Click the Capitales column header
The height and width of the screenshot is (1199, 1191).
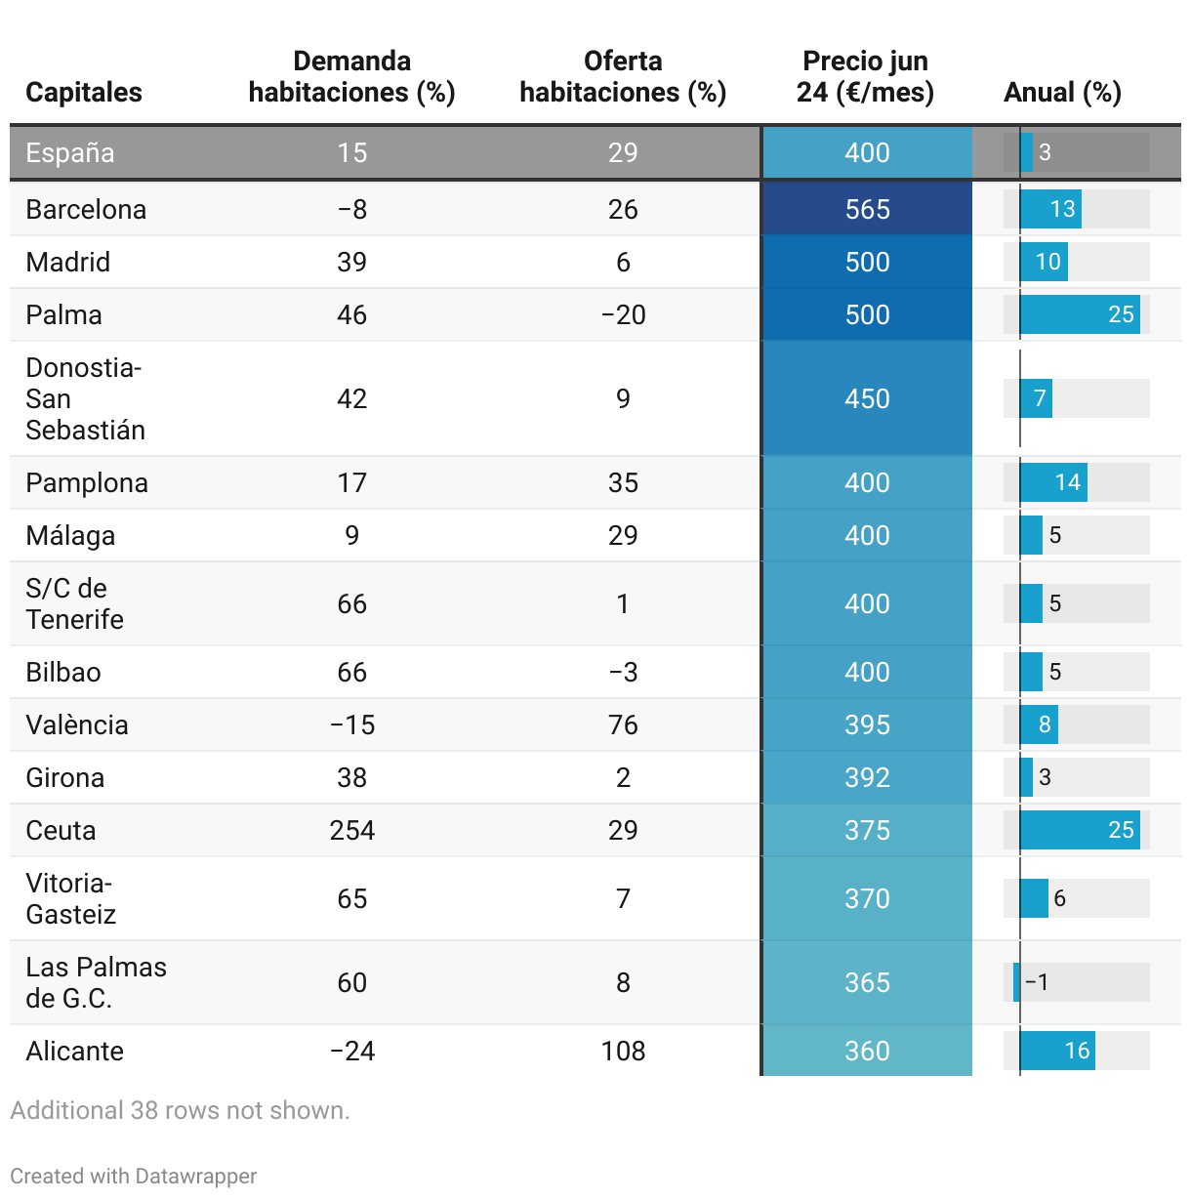tap(84, 92)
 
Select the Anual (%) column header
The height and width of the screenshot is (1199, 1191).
tap(1062, 92)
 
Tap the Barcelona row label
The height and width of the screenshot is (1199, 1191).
tap(86, 209)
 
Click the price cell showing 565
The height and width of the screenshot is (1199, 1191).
tap(867, 209)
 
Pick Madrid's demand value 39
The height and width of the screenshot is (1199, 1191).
tap(351, 262)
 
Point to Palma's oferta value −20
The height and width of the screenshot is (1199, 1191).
tap(623, 314)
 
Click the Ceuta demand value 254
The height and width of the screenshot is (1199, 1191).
tap(351, 830)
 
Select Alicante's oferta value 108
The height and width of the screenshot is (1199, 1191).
tap(623, 1051)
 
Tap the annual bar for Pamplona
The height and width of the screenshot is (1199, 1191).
tap(1053, 482)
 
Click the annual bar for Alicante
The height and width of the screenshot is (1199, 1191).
tap(1057, 1051)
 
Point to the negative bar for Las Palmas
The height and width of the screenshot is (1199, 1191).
tap(1016, 982)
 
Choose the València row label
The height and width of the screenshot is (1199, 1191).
tap(77, 724)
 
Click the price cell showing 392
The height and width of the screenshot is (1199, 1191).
tap(867, 777)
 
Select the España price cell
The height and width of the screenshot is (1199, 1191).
tap(867, 152)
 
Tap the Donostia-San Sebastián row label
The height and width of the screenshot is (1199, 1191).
tap(85, 398)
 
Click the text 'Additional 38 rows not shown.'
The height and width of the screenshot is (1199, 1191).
tap(180, 1110)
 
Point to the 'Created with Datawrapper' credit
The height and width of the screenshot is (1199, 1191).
tap(134, 1176)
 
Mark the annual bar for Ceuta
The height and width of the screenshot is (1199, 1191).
tap(1080, 830)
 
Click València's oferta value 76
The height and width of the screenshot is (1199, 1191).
tap(623, 724)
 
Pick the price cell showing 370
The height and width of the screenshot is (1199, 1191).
tap(867, 898)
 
